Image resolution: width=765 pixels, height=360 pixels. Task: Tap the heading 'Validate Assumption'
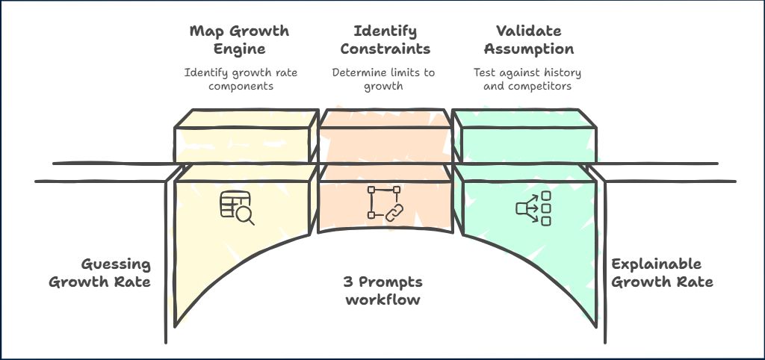pyautogui.click(x=528, y=40)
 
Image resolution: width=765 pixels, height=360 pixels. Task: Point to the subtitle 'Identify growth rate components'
pyautogui.click(x=230, y=79)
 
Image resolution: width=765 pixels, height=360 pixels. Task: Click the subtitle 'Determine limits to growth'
pyautogui.click(x=382, y=79)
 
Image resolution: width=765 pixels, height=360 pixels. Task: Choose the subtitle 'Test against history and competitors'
pyautogui.click(x=527, y=79)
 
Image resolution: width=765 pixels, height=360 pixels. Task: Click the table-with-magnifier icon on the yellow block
pyautogui.click(x=237, y=208)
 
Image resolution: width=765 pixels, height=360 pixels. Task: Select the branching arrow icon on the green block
pyautogui.click(x=533, y=208)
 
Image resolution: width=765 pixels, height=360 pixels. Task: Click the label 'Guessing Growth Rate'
pyautogui.click(x=100, y=273)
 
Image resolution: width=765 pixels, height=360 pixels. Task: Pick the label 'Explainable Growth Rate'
pyautogui.click(x=661, y=273)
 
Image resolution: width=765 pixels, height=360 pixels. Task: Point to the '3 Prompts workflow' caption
pyautogui.click(x=382, y=291)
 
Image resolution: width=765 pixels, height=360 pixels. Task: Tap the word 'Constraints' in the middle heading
pyautogui.click(x=382, y=49)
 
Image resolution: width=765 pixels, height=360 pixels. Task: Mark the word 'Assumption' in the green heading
pyautogui.click(x=528, y=49)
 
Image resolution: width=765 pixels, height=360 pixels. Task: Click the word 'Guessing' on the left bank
pyautogui.click(x=115, y=264)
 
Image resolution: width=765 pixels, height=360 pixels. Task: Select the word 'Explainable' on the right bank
pyautogui.click(x=656, y=264)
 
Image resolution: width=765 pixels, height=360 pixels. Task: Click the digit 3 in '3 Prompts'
pyautogui.click(x=347, y=282)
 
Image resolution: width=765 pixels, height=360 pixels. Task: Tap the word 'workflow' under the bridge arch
pyautogui.click(x=382, y=300)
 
